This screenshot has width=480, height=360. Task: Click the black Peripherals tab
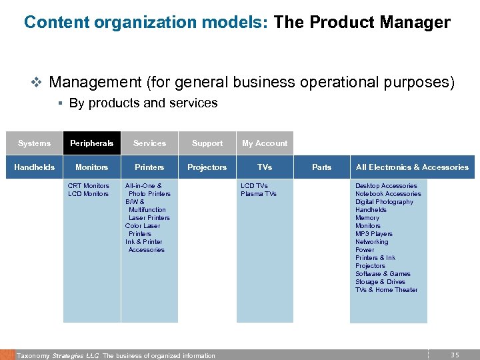pyautogui.click(x=92, y=143)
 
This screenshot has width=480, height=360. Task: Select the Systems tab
pyautogui.click(x=34, y=143)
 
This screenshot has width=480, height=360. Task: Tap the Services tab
pyautogui.click(x=149, y=143)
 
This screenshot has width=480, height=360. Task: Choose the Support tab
pyautogui.click(x=207, y=143)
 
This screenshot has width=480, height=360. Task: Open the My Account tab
pyautogui.click(x=265, y=143)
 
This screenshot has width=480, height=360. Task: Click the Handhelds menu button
pyautogui.click(x=34, y=167)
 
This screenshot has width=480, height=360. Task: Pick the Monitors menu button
pyautogui.click(x=92, y=167)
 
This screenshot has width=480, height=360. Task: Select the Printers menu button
pyautogui.click(x=149, y=167)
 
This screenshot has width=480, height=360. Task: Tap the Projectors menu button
pyautogui.click(x=207, y=167)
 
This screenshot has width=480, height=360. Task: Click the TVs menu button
pyautogui.click(x=265, y=167)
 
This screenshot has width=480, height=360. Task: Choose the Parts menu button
pyautogui.click(x=322, y=167)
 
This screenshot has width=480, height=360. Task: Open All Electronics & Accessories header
pyautogui.click(x=412, y=167)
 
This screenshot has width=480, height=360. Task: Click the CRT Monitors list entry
pyautogui.click(x=89, y=186)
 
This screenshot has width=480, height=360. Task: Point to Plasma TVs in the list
pyautogui.click(x=259, y=194)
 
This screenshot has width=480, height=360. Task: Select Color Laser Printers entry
pyautogui.click(x=142, y=230)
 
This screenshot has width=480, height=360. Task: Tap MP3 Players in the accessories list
pyautogui.click(x=374, y=234)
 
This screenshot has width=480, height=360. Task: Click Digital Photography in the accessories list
pyautogui.click(x=384, y=202)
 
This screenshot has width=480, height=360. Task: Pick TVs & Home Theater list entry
pyautogui.click(x=387, y=290)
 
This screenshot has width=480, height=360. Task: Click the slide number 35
pyautogui.click(x=455, y=355)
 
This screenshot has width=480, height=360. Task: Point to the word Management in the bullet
pyautogui.click(x=95, y=83)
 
